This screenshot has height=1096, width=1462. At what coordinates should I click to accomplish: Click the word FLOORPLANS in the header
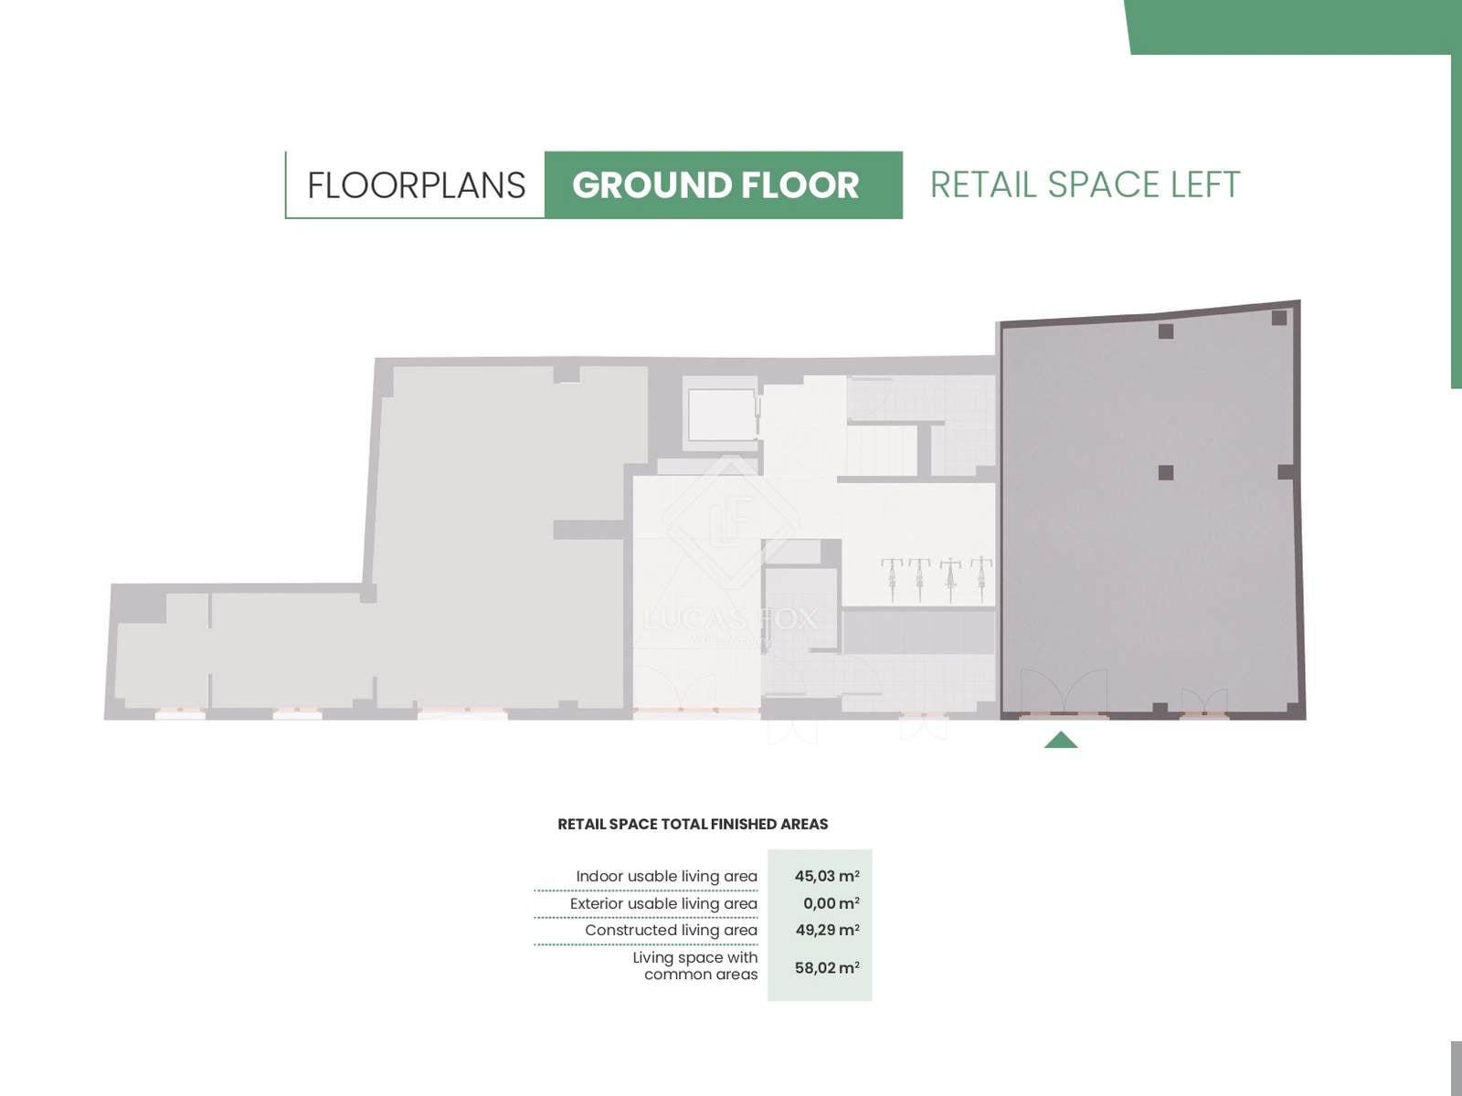coord(417,185)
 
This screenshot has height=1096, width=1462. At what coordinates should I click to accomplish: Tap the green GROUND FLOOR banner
coord(724,185)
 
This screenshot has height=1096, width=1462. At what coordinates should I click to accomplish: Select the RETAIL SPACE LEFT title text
coord(1085,185)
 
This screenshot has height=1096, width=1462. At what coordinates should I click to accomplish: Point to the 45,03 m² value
coord(827,876)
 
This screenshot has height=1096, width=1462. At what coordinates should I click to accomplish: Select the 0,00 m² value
coord(832,903)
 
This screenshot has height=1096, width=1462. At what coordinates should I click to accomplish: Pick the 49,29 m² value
coord(827,930)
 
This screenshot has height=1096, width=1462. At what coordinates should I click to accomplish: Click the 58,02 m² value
coord(827,967)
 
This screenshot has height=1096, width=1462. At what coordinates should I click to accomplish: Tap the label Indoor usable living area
coord(667,877)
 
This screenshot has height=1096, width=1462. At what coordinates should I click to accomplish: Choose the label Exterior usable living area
coord(663,903)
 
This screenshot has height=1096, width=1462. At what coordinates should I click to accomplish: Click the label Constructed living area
coord(672,931)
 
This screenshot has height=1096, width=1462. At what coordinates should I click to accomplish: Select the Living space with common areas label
coord(695,965)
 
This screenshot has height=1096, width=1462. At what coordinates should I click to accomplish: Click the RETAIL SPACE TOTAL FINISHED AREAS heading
coord(693,824)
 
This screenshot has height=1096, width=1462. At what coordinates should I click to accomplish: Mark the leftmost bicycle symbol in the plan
coord(891,580)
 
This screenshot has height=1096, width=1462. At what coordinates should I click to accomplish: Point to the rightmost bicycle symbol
coord(981,580)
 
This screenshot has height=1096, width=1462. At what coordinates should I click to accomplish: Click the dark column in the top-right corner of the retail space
coord(1279,318)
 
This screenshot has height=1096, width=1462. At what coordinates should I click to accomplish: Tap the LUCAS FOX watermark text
coord(730,619)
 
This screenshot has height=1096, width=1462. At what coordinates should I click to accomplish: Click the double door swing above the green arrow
coord(1064,692)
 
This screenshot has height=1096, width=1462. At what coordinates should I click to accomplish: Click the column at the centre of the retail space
coord(1166,472)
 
